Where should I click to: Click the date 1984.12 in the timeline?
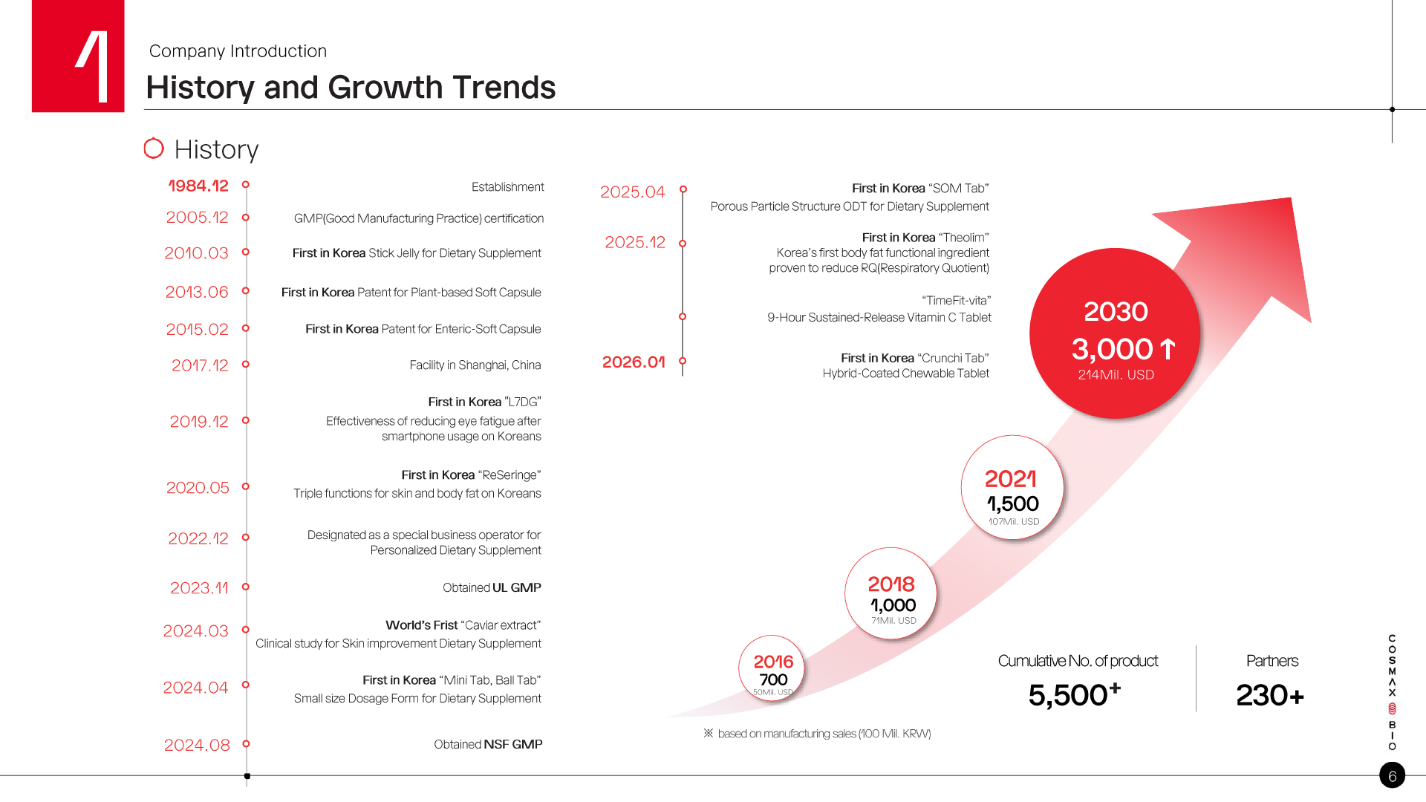click(x=198, y=186)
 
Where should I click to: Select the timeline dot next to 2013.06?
click(x=246, y=291)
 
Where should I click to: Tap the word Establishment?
click(x=507, y=187)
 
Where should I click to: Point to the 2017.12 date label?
click(x=200, y=365)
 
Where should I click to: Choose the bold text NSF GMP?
click(x=513, y=744)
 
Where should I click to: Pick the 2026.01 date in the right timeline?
click(x=634, y=362)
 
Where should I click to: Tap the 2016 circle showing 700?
click(x=772, y=668)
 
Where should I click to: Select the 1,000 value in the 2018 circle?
click(x=893, y=605)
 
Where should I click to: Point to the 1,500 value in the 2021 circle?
click(x=1013, y=503)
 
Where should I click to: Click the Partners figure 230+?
click(x=1270, y=696)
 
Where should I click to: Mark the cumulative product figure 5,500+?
click(x=1074, y=695)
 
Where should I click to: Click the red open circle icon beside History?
click(x=154, y=149)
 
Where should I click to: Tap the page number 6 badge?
click(x=1392, y=776)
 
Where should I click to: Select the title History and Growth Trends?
click(x=351, y=88)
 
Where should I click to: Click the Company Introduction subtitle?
click(x=238, y=51)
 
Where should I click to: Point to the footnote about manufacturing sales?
click(x=824, y=734)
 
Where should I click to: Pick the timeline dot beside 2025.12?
click(x=683, y=244)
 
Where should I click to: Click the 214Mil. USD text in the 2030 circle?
click(x=1116, y=375)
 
